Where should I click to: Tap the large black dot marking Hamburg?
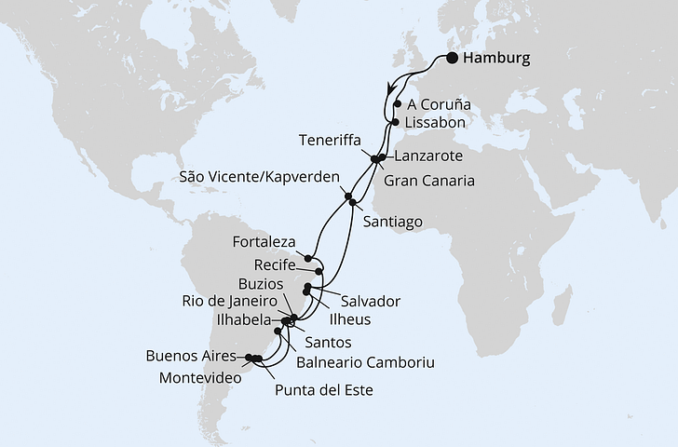pos(452,58)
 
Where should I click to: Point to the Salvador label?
pos(371,302)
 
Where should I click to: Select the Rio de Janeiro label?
pos(229,301)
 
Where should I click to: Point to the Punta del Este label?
pos(324,391)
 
